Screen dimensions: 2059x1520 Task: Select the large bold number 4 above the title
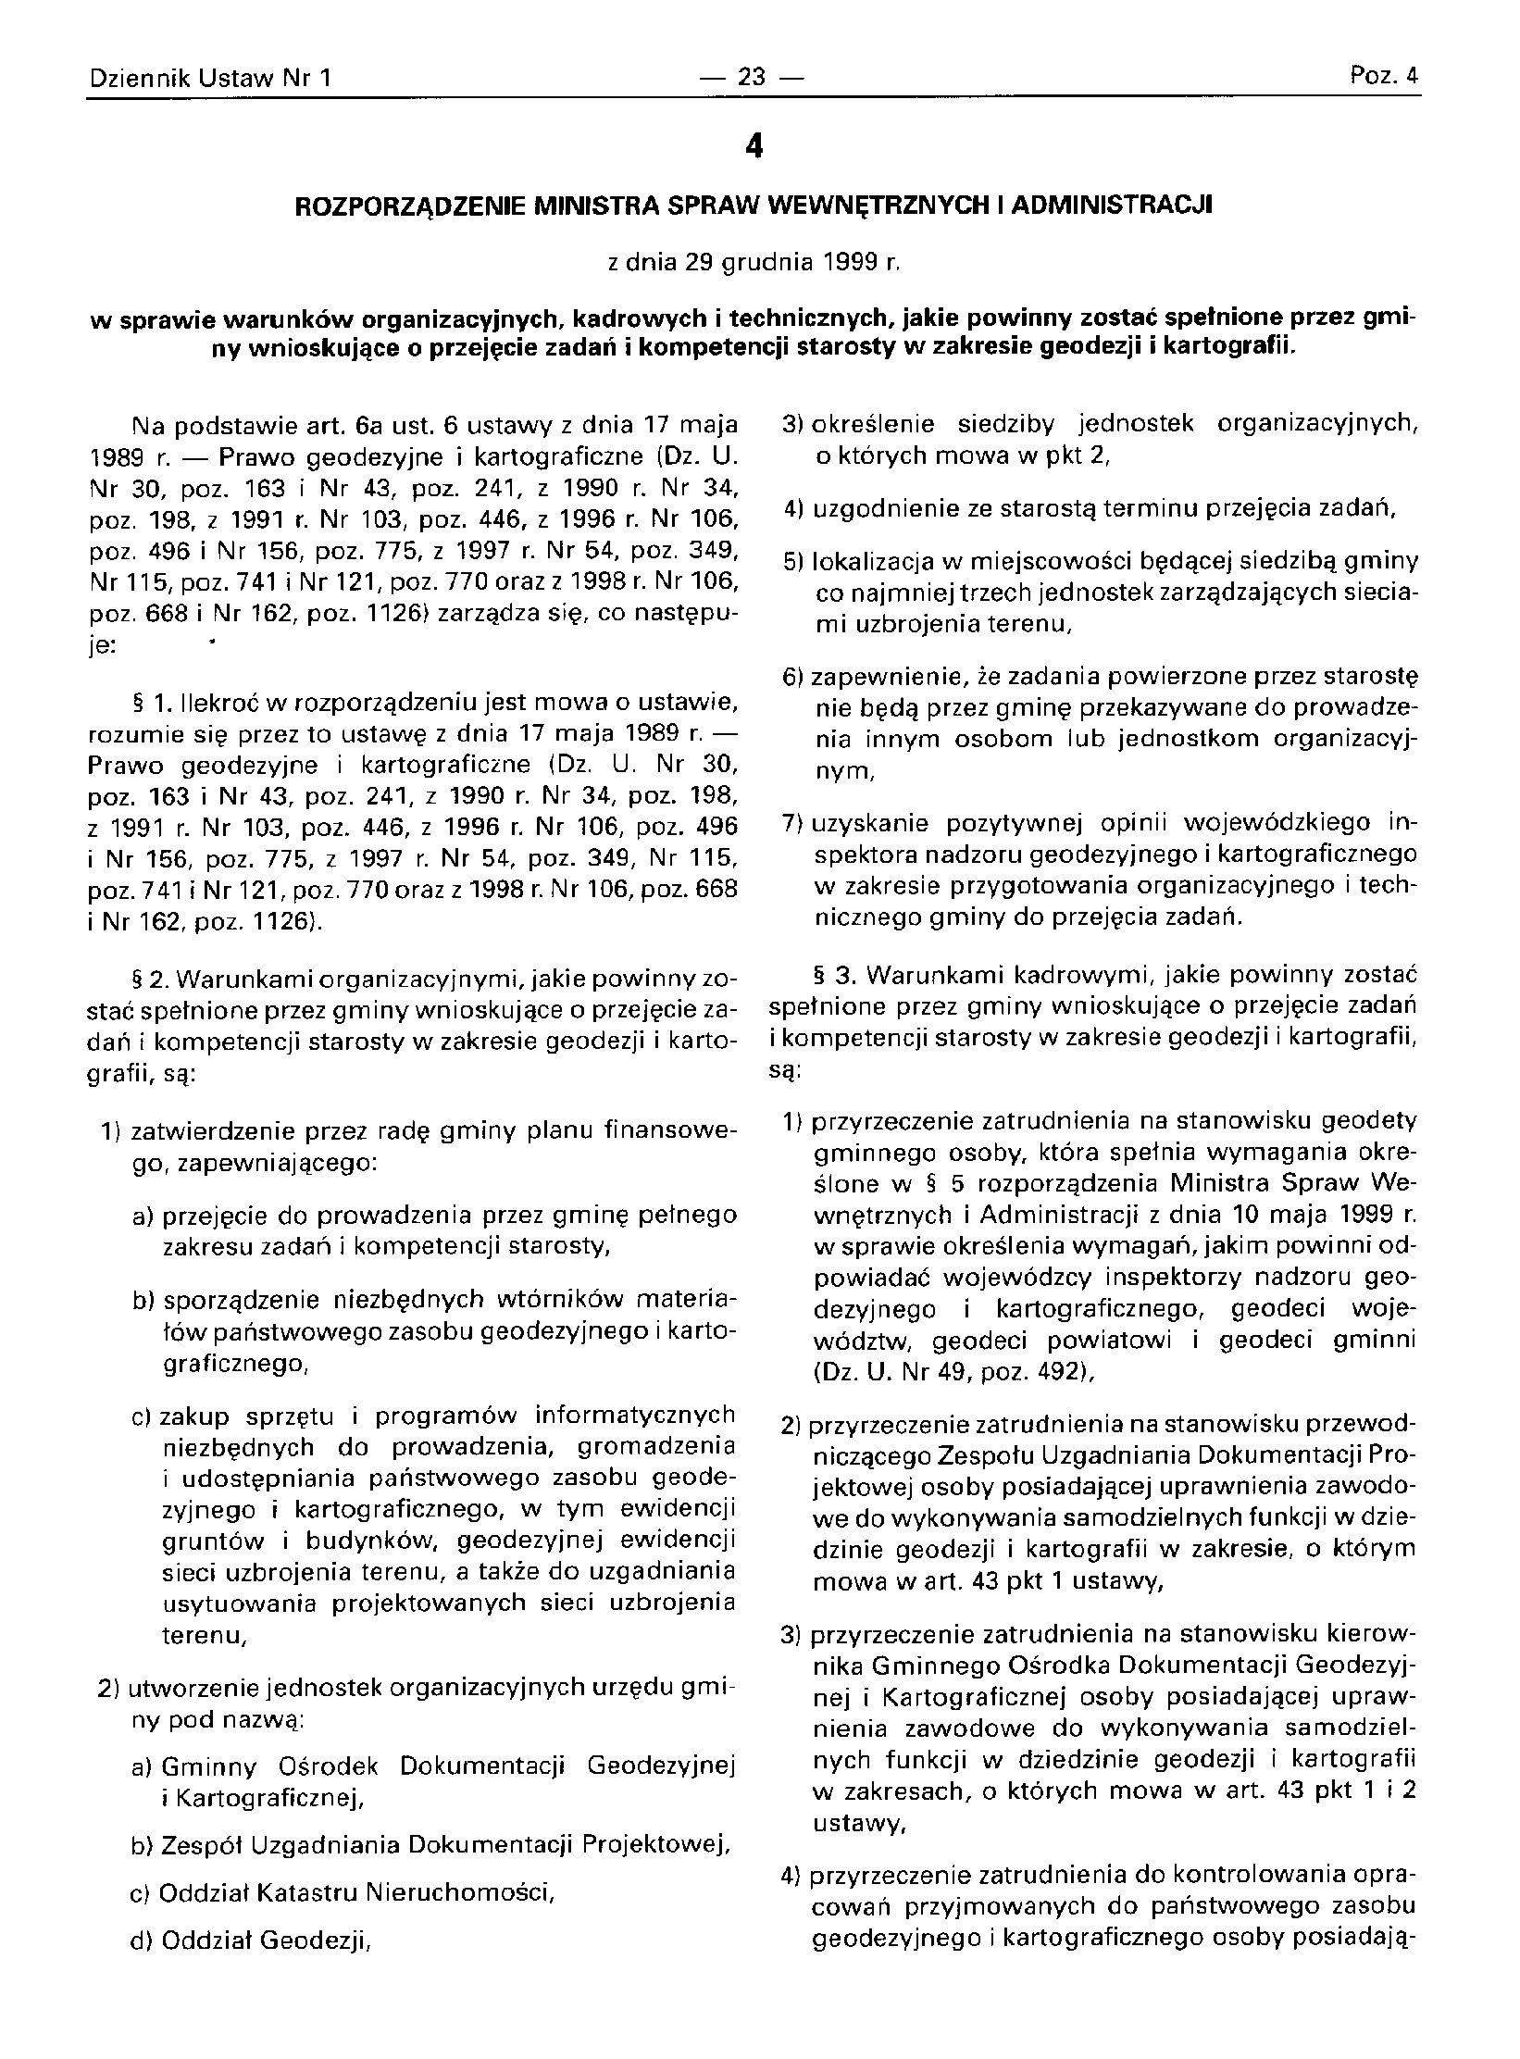pyautogui.click(x=754, y=146)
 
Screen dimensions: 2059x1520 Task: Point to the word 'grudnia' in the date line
pyautogui.click(x=764, y=265)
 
